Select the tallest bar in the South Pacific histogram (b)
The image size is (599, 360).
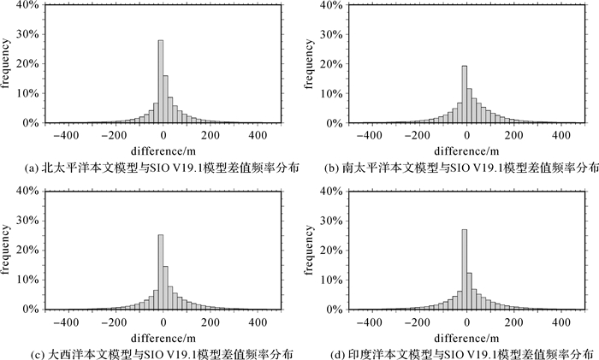coord(465,94)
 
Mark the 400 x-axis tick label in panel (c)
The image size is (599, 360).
coord(257,324)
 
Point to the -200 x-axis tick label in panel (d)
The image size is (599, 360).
coord(417,324)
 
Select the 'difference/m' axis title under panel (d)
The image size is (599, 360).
coord(466,338)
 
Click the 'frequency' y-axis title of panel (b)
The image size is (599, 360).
coord(311,64)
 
